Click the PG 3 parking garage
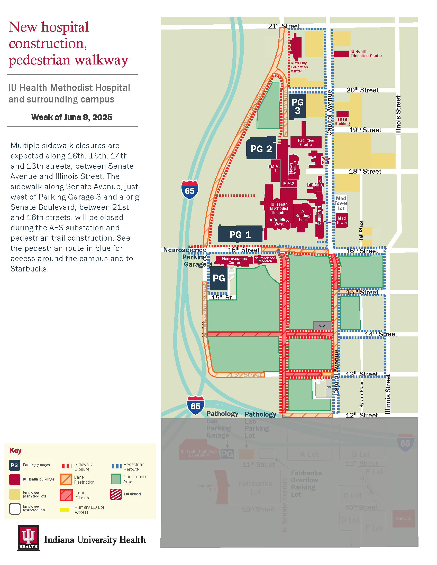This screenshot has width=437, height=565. pyautogui.click(x=297, y=106)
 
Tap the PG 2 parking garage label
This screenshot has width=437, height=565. pyautogui.click(x=261, y=149)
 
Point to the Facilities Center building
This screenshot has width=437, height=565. pyautogui.click(x=306, y=142)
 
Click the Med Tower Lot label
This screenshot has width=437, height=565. pyautogui.click(x=341, y=203)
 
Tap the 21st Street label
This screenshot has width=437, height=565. pyautogui.click(x=284, y=26)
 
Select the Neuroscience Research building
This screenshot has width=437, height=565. pyautogui.click(x=265, y=259)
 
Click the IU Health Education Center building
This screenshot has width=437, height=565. pyautogui.click(x=341, y=54)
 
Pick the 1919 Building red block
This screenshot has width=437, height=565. pyautogui.click(x=342, y=114)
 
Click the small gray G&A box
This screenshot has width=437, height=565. pyautogui.click(x=322, y=326)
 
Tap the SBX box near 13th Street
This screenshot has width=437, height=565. pyautogui.click(x=329, y=387)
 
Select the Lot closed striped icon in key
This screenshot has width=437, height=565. pyautogui.click(x=116, y=494)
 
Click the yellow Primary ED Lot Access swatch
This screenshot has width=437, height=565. pyautogui.click(x=65, y=510)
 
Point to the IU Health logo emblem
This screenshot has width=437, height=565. pyautogui.click(x=29, y=537)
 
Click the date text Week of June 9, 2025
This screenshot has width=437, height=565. pyautogui.click(x=72, y=117)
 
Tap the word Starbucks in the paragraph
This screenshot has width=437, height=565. pyautogui.click(x=29, y=269)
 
